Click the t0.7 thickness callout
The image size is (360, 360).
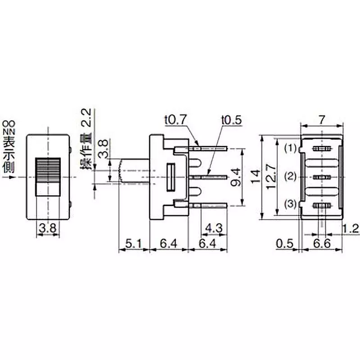(175, 120)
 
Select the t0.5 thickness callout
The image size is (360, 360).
(232, 120)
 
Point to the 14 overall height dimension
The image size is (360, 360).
(256, 177)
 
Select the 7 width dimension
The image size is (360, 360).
(321, 120)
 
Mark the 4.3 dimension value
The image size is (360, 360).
(214, 228)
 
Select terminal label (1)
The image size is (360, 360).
(292, 148)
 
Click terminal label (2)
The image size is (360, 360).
(292, 177)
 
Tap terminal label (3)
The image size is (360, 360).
(292, 205)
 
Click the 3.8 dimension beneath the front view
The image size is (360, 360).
(48, 229)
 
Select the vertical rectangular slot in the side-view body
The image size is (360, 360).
(171, 177)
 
